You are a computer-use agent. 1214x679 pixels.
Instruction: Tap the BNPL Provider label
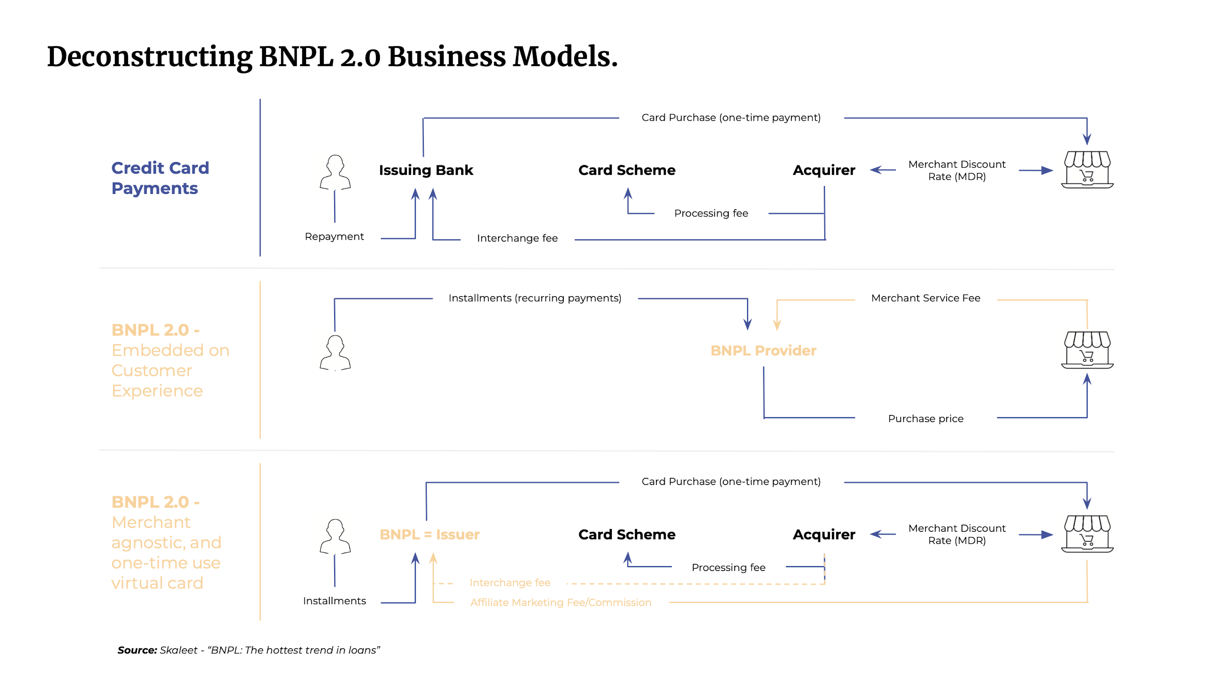pos(763,351)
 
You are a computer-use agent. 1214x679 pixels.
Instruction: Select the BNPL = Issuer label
pos(429,534)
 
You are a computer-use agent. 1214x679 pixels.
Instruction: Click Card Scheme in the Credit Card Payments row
pos(627,170)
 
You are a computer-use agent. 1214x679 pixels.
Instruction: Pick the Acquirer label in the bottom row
pos(824,534)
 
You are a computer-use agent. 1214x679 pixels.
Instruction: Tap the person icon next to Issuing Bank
pos(335,173)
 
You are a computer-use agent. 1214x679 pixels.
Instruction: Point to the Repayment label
pos(334,236)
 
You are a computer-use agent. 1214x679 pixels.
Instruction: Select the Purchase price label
pos(926,419)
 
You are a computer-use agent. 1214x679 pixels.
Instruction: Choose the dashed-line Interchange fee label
pos(510,583)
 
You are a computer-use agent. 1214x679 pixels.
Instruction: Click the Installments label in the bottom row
pos(334,601)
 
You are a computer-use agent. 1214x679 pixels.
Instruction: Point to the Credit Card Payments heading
pos(160,178)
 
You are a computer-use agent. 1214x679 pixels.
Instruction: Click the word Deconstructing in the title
pos(150,57)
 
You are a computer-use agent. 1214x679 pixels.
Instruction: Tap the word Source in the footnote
pos(137,650)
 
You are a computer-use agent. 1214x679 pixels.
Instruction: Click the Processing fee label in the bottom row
pos(728,567)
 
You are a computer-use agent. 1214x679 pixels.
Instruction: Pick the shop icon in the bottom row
pos(1087,534)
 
